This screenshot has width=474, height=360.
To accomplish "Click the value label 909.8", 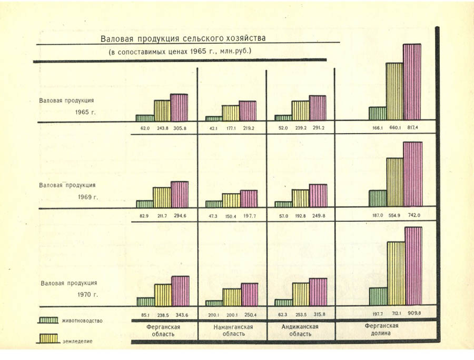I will pos(413,314).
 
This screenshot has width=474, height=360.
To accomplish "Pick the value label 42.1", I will pos(213,128).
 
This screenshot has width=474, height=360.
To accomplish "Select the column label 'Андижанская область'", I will pos(301,330).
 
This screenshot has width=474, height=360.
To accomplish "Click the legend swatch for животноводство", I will pos(50,320).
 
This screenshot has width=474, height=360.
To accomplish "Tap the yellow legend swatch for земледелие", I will pos(50,338).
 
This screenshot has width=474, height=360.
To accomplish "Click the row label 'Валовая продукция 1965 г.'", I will pos(66,105).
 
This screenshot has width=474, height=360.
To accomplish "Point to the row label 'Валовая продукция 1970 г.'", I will pos(67,287).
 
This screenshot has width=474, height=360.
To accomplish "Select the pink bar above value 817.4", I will pos(412,82).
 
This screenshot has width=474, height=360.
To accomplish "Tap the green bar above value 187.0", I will pos(378,198).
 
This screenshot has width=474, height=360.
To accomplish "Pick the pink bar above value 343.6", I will pos(180,291).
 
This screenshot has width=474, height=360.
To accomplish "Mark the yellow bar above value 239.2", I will pos(300,110).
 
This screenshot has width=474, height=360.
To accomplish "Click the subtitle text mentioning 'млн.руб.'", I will pos(180,51).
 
